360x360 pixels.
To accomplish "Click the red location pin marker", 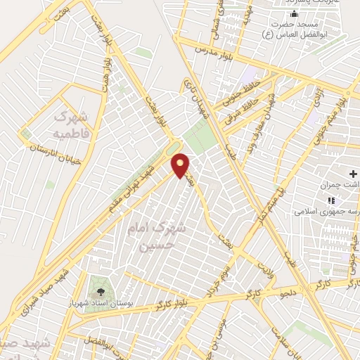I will pos(181,165).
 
